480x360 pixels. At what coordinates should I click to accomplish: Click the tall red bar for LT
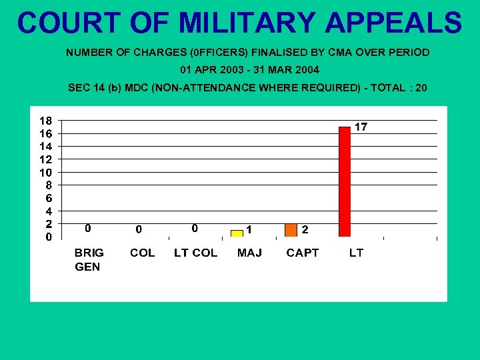[345, 181]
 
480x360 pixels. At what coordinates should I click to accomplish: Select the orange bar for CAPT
[291, 230]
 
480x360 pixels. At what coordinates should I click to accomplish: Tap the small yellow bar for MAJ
[237, 233]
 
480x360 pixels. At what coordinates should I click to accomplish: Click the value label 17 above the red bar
[360, 127]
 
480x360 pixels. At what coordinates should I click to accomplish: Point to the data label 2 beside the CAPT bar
[305, 229]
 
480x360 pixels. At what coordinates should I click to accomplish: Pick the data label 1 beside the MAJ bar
[249, 229]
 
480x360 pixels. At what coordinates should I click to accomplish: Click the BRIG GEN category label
[89, 259]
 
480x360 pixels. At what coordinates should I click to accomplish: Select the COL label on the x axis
[142, 253]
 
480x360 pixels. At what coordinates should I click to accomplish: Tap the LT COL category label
[195, 253]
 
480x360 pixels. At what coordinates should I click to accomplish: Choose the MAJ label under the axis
[249, 253]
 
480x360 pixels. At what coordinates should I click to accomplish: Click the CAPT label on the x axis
[303, 253]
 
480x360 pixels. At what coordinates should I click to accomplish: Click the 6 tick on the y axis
[46, 198]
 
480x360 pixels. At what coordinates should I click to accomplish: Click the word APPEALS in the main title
[394, 23]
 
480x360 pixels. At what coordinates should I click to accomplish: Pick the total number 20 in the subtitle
[421, 87]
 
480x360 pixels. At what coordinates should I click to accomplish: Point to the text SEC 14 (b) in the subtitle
[93, 87]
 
